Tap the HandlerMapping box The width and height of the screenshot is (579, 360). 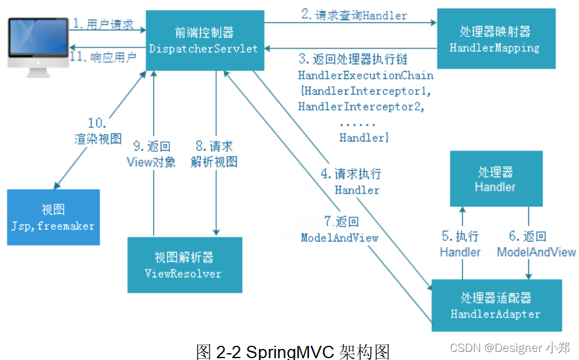pos(494,39)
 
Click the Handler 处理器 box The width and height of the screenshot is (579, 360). pos(496,178)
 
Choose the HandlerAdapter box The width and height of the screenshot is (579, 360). pos(496,306)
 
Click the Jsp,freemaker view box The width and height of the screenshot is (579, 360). pos(53,217)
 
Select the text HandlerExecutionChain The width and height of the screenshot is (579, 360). pos(365,75)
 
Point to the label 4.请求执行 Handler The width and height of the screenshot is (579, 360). pos(351,182)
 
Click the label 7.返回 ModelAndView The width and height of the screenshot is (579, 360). pos(339,229)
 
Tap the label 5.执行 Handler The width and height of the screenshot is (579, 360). pos(460,244)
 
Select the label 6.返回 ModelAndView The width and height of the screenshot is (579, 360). pos(536,244)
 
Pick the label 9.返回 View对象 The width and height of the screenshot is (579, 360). pos(151,154)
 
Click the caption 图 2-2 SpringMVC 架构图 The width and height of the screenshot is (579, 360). pos(293,351)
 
